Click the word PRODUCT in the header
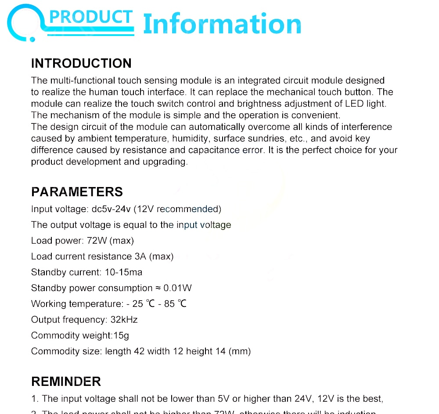coord(91,17)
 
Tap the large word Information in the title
coord(222,24)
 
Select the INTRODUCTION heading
coord(81,63)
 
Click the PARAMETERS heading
coord(77,192)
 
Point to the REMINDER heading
coord(66,381)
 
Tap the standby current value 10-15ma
coord(123,272)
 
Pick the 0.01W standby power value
coord(177,288)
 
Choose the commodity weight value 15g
coord(121,335)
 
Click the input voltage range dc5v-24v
coord(111,209)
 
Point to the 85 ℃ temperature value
coord(175,304)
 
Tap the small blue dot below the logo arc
coord(32,39)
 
